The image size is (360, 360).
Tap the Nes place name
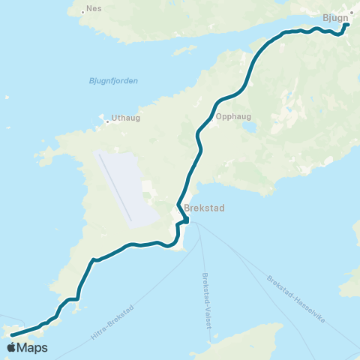(94, 10)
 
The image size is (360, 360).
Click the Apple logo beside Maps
(11, 348)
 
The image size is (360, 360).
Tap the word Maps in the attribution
(32, 348)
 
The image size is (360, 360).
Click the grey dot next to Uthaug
(106, 118)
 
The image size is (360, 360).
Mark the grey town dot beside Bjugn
(351, 13)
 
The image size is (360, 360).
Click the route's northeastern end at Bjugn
(347, 25)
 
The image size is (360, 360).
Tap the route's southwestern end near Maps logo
(13, 335)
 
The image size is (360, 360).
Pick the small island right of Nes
(184, 51)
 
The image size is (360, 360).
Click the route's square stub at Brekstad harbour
(185, 220)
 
